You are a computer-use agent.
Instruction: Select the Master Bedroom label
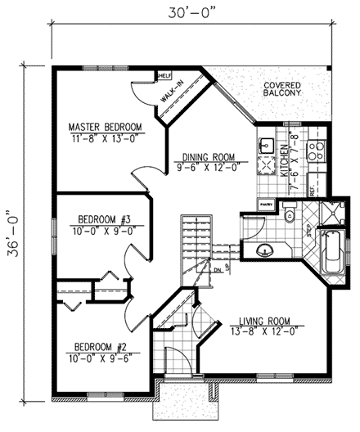105,127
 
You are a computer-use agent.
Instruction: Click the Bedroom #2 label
98,346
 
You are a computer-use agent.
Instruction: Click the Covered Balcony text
282,89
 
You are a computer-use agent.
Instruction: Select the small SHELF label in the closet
164,74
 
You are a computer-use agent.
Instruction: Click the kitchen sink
265,145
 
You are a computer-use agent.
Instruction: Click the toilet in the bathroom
290,216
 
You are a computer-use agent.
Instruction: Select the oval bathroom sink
264,249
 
